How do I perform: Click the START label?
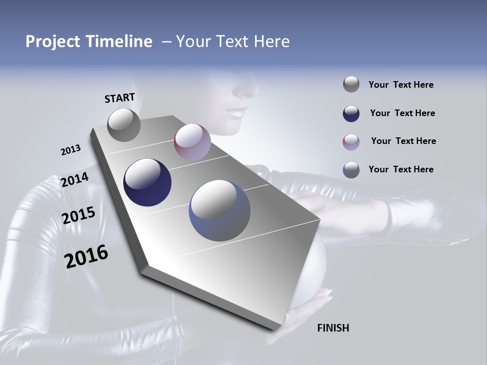point(120,98)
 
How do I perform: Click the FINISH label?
point(333,328)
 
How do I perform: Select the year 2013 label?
point(71,150)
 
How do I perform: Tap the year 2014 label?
point(75,179)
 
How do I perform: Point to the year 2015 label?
point(79,215)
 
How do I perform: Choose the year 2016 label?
point(86,257)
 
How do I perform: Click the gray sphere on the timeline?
point(124,125)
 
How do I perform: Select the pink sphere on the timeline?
point(192,142)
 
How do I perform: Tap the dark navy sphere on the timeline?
point(148,182)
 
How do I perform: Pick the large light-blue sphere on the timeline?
point(220,210)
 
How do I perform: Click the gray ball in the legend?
point(351,85)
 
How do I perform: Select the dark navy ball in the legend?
point(351,113)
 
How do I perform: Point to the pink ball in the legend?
point(351,141)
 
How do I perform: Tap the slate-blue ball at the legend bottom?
point(351,170)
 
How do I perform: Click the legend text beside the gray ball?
point(401,85)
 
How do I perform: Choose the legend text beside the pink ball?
point(403,141)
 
